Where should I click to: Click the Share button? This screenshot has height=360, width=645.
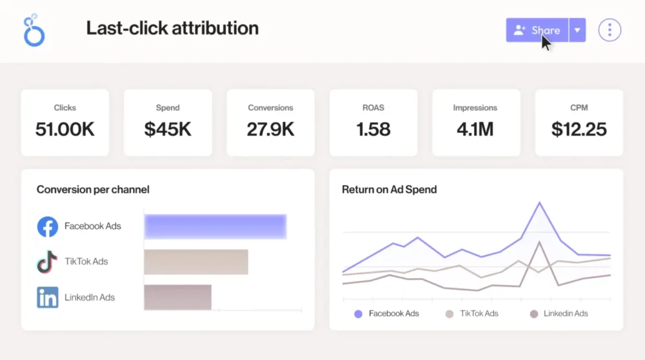pyautogui.click(x=537, y=30)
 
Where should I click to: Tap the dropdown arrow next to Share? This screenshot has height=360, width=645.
pyautogui.click(x=577, y=30)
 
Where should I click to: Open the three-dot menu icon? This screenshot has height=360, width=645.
pyautogui.click(x=610, y=30)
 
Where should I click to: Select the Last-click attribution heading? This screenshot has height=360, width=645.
pyautogui.click(x=172, y=28)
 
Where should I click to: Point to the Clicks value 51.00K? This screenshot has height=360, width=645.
pyautogui.click(x=64, y=129)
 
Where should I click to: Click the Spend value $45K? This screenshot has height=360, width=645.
pyautogui.click(x=168, y=129)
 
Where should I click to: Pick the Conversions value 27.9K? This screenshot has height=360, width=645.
pyautogui.click(x=270, y=129)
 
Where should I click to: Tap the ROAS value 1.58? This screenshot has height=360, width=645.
pyautogui.click(x=373, y=129)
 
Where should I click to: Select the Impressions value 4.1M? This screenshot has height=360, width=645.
pyautogui.click(x=475, y=129)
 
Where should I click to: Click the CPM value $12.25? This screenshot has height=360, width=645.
pyautogui.click(x=579, y=129)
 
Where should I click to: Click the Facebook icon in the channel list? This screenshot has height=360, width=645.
pyautogui.click(x=48, y=226)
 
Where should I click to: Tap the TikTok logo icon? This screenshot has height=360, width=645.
pyautogui.click(x=47, y=262)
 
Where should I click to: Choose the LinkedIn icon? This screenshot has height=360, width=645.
pyautogui.click(x=48, y=297)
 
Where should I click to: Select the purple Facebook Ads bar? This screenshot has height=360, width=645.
pyautogui.click(x=215, y=226)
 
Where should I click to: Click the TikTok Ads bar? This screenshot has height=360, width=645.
pyautogui.click(x=196, y=262)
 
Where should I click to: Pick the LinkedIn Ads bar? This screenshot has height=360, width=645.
pyautogui.click(x=177, y=297)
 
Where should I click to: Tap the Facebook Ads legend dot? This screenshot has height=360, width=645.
pyautogui.click(x=358, y=314)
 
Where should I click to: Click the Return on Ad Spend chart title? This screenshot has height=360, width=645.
pyautogui.click(x=389, y=190)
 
